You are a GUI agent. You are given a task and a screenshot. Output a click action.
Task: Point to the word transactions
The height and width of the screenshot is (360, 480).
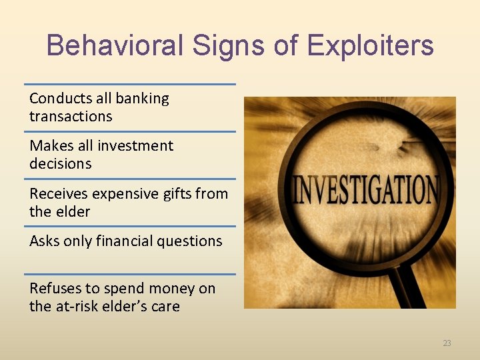(71, 117)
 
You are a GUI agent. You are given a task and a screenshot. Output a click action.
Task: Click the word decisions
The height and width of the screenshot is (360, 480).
(60, 164)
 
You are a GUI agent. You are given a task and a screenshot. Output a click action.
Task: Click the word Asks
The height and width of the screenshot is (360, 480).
(44, 241)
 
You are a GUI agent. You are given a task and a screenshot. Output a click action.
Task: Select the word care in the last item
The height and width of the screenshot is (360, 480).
(165, 307)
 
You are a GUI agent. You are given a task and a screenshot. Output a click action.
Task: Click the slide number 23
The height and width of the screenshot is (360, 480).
(447, 343)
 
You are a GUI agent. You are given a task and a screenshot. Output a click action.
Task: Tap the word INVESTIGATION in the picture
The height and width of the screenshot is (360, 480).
(366, 189)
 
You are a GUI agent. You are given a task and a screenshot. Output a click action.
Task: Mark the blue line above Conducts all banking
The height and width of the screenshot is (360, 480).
(130, 84)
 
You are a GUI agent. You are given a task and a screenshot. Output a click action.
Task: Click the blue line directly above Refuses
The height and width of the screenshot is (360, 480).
(130, 274)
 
